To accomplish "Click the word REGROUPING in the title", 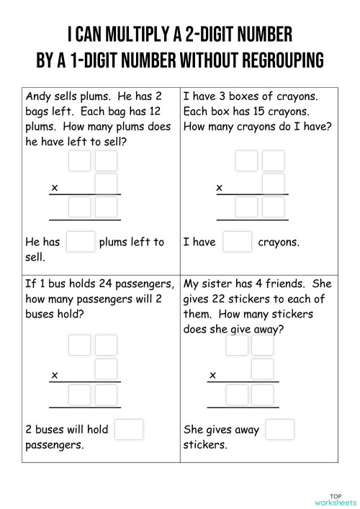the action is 276,60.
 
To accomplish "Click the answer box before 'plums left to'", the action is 80,242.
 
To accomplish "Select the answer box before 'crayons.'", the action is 237,242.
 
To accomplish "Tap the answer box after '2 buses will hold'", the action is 128,429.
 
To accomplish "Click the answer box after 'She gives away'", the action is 279,429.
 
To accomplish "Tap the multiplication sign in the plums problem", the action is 54,189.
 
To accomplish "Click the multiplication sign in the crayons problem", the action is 220,189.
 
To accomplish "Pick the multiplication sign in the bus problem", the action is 54,375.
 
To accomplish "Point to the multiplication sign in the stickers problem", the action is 213,375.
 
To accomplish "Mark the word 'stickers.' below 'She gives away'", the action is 206,444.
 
